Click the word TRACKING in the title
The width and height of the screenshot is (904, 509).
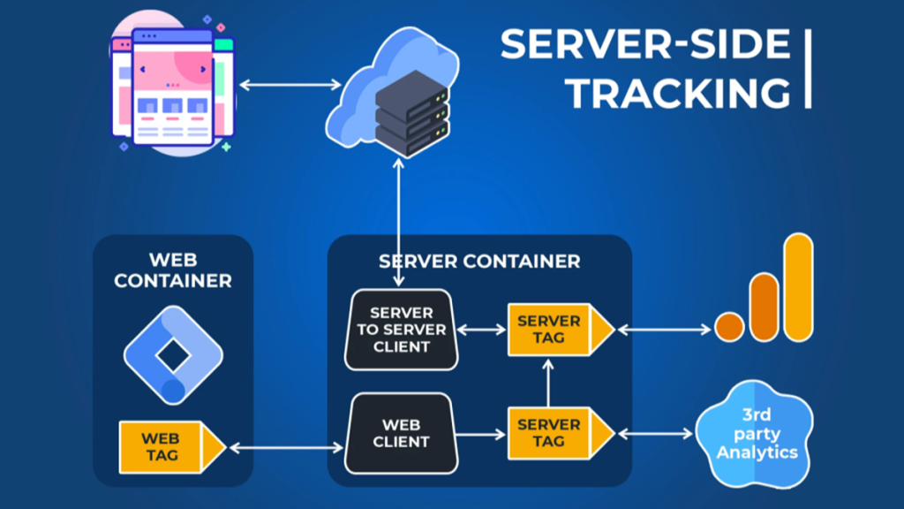point(678,91)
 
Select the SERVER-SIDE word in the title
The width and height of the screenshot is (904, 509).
point(645,44)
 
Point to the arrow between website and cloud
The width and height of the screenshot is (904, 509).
point(290,85)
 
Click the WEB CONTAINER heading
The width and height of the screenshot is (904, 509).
point(173,270)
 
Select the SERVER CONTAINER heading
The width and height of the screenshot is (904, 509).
point(479,262)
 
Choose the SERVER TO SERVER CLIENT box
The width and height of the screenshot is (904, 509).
point(401,329)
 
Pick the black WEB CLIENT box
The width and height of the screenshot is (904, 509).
point(401,433)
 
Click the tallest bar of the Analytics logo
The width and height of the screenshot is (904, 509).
point(798,286)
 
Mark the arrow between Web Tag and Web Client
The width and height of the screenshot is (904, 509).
point(285,448)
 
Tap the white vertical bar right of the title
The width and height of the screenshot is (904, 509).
point(808,68)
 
